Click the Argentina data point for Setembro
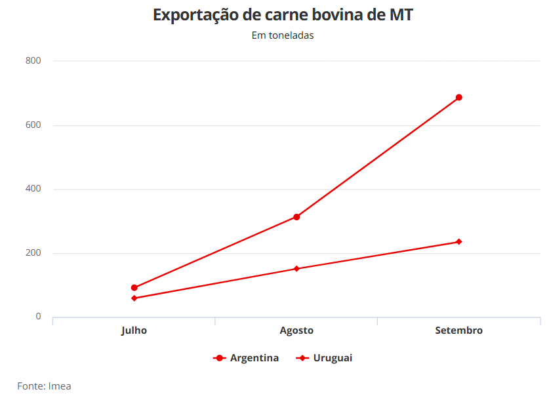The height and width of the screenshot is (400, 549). [x=459, y=98]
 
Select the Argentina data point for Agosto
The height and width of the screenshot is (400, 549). [x=296, y=217]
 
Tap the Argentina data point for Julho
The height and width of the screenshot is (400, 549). [x=134, y=288]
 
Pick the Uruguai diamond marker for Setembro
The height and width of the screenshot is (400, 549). [x=459, y=242]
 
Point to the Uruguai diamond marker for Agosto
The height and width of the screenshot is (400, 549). [x=296, y=269]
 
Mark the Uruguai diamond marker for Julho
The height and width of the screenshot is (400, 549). [x=134, y=298]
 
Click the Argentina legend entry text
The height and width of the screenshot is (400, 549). [x=254, y=358]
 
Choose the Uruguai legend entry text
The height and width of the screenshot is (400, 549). [x=333, y=358]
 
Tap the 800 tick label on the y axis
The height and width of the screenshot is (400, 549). [x=33, y=61]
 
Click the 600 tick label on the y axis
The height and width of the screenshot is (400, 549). [x=33, y=125]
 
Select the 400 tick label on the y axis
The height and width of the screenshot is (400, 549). [x=33, y=189]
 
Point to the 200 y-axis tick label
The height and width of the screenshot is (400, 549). [x=33, y=253]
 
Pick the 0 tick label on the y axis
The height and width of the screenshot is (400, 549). [x=38, y=317]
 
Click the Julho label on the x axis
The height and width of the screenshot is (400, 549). [x=134, y=330]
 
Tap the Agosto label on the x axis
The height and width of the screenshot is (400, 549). [x=296, y=330]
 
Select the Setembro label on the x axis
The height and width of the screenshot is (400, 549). [x=459, y=330]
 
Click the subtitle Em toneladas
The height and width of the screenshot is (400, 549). [x=283, y=35]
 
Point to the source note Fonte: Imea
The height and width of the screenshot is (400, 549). [x=44, y=386]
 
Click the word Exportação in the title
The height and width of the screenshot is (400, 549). [x=197, y=15]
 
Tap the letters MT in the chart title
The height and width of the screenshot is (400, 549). [x=400, y=15]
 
